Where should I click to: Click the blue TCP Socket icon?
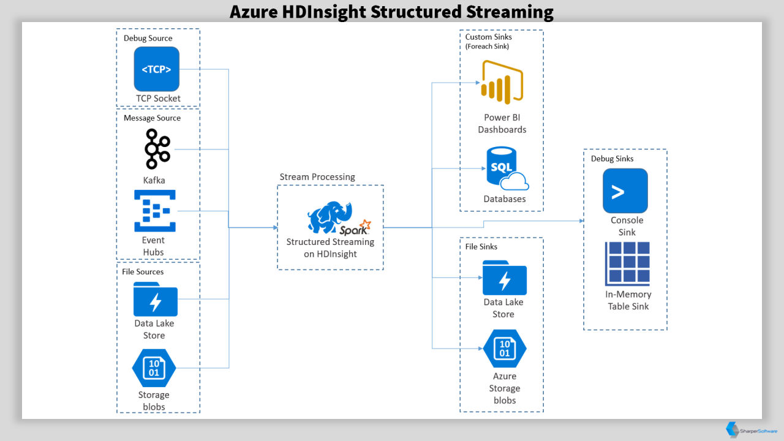[156, 69]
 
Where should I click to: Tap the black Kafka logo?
[157, 149]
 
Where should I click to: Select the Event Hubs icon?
[155, 211]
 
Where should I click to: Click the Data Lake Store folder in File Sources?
[156, 300]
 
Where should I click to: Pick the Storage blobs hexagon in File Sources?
[154, 368]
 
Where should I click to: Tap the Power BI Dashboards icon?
[502, 82]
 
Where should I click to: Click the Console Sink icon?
[625, 190]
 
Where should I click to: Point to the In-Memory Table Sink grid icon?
[627, 263]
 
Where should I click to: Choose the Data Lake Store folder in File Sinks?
[504, 277]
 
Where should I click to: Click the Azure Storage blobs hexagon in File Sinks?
[504, 349]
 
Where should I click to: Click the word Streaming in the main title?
[510, 12]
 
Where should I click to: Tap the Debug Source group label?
[148, 38]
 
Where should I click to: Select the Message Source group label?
[153, 118]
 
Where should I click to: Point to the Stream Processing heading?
[317, 177]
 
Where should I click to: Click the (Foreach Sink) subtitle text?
[487, 46]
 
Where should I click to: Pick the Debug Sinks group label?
[612, 159]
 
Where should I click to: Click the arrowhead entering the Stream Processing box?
[275, 227]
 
